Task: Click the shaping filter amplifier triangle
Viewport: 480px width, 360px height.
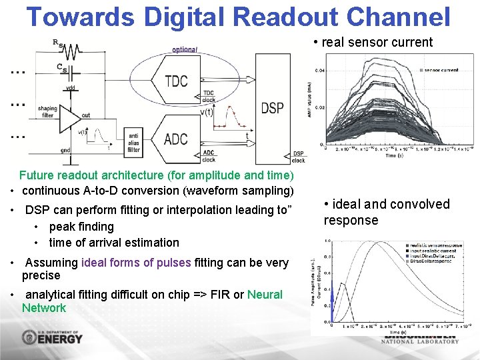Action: click(x=69, y=117)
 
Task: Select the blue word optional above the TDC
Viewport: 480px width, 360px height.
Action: click(x=185, y=50)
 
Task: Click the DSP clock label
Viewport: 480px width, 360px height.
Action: click(x=298, y=157)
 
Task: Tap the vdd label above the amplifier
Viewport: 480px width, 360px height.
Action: click(x=70, y=89)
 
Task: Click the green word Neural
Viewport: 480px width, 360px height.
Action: click(x=265, y=295)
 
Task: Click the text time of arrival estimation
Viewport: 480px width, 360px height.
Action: click(x=114, y=243)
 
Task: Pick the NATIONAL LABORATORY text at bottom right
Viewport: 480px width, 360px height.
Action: click(x=420, y=341)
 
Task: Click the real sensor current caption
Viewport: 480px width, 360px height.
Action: click(x=377, y=43)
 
